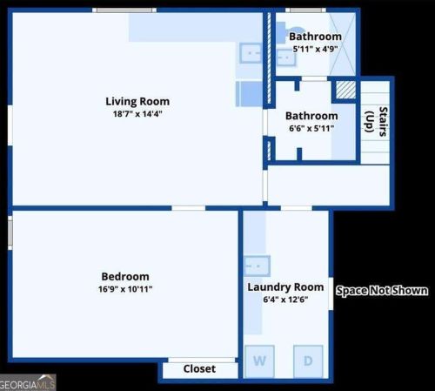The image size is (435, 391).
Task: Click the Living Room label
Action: point(137,101)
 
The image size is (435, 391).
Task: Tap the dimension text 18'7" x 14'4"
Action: point(137,114)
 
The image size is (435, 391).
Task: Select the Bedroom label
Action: point(125,276)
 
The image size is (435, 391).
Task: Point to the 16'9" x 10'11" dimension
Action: point(125,289)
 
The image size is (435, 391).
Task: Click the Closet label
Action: point(199,369)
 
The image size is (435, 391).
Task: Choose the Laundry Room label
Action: point(285,287)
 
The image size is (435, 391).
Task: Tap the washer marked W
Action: point(259,361)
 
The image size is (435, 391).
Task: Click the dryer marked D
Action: point(308,361)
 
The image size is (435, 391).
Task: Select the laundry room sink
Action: point(257,266)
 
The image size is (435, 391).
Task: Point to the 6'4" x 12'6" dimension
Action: point(285,300)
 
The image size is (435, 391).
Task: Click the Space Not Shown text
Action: point(382,291)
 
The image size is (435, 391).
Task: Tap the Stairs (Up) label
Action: point(376,122)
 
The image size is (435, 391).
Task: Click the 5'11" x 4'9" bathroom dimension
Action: point(315,49)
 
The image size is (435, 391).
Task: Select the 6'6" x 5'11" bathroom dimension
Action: point(311,128)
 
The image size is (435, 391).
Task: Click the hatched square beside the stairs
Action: point(346,90)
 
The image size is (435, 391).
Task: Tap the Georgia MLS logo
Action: point(28,382)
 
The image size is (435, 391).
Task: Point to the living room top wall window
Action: point(124,10)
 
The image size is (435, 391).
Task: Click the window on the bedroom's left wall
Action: point(10,233)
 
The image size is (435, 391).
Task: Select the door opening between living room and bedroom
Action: point(189,208)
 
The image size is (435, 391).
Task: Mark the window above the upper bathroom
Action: point(305,10)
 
